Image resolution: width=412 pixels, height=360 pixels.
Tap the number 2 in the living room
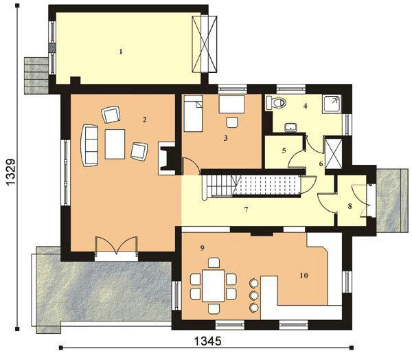[x=145, y=120]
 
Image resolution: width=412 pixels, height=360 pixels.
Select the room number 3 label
[x=225, y=138]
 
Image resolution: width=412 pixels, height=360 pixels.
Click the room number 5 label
[x=283, y=150]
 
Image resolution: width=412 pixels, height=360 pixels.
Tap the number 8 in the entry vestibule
[x=350, y=205]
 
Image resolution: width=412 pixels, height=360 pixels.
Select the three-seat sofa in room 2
[x=90, y=144]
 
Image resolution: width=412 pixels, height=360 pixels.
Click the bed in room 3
[x=194, y=114]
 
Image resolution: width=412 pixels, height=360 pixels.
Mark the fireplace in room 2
[x=165, y=157]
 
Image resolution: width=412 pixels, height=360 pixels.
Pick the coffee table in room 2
[x=115, y=144]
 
